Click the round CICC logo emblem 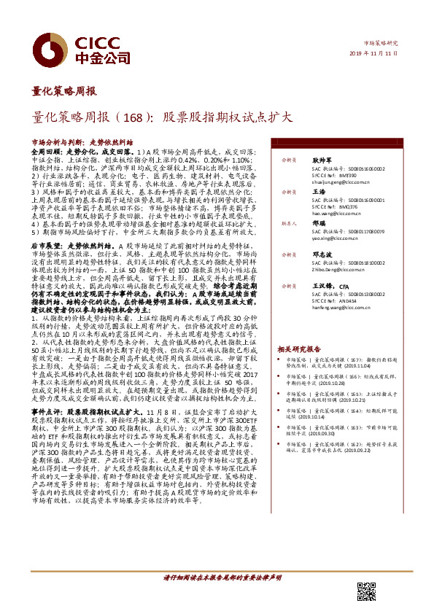pyautogui.click(x=48, y=46)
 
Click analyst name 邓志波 pyautogui.click(x=323, y=254)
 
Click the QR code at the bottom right pyautogui.click(x=365, y=591)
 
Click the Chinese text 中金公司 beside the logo pyautogui.click(x=96, y=56)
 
